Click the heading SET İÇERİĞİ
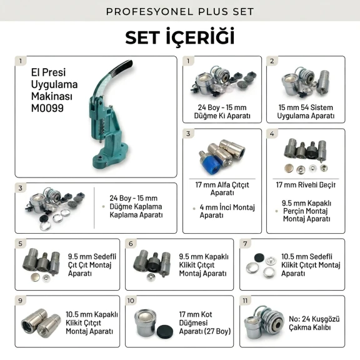click(180, 36)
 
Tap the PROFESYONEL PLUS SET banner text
click(180, 11)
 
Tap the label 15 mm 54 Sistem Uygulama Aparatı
click(305, 111)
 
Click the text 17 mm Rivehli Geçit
click(305, 185)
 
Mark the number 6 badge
click(131, 244)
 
